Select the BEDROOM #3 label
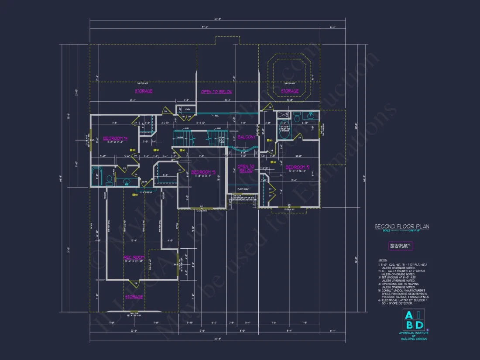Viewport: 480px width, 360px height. pos(204,172)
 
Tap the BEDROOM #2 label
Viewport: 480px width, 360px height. pos(298,167)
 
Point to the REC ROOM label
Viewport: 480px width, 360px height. pos(134,257)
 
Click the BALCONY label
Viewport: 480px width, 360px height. pos(247,137)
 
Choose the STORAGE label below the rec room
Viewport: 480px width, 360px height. pos(134,297)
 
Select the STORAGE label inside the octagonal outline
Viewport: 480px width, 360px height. pos(290,91)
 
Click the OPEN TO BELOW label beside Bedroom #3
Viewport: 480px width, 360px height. pos(246,168)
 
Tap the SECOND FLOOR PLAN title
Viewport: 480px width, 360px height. pos(402,226)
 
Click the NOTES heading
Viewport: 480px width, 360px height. pos(383,260)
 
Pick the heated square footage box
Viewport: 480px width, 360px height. pos(401,246)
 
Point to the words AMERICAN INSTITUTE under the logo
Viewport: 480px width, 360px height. pos(413,333)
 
